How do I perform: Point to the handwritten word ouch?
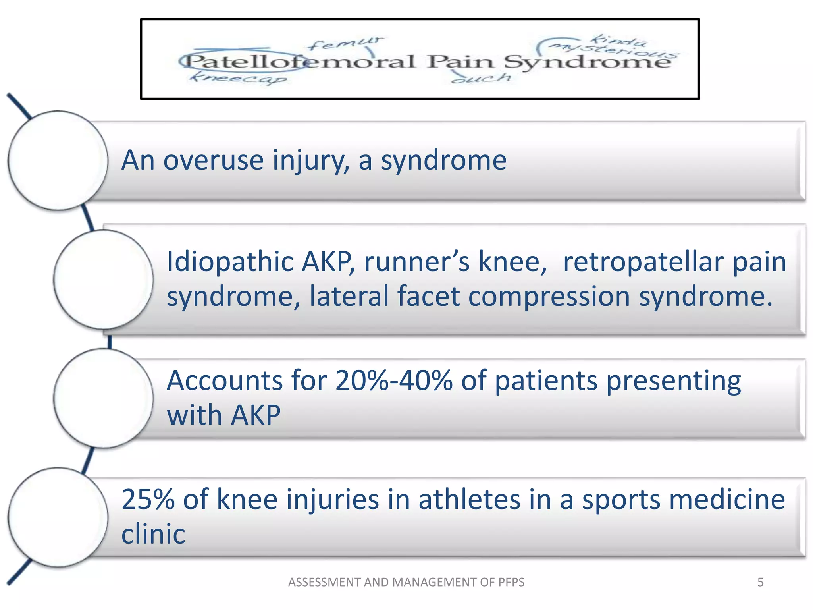[x=482, y=78]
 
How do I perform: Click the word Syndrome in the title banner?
[x=588, y=63]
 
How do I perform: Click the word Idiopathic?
[x=230, y=262]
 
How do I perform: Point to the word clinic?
[x=153, y=534]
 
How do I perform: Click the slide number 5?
[x=760, y=582]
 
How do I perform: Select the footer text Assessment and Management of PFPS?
[x=406, y=582]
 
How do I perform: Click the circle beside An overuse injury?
[x=58, y=160]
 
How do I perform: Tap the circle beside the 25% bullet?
[x=58, y=517]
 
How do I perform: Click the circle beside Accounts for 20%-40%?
[x=103, y=398]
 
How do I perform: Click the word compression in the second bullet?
[x=549, y=296]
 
